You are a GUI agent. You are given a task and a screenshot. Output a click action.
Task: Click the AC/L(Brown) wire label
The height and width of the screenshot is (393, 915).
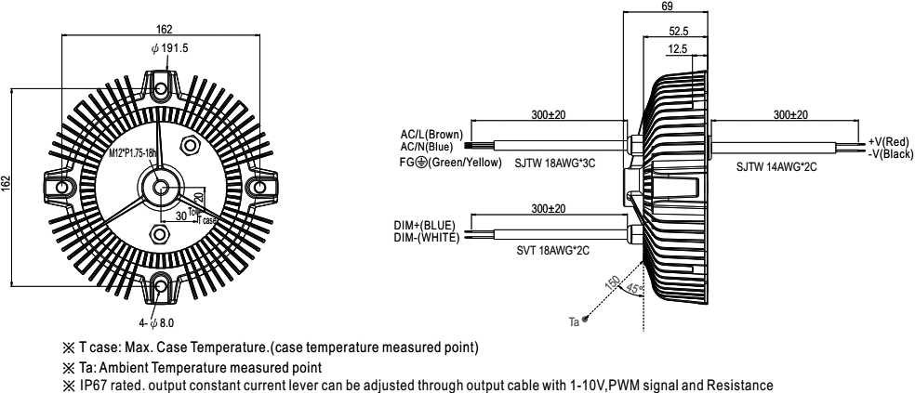(x=431, y=137)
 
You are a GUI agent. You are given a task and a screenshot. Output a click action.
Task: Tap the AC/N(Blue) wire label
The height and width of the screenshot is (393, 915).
(x=427, y=147)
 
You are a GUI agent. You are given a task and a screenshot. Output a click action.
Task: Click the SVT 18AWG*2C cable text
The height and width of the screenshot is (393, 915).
(x=553, y=251)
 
